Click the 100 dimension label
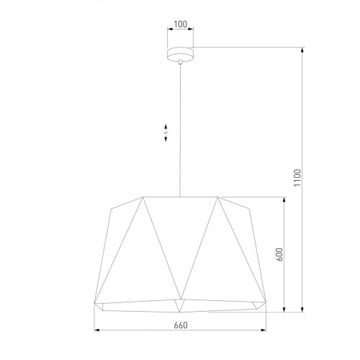point(180,24)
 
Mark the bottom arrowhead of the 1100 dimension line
point(302,311)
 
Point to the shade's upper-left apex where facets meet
point(143,197)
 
